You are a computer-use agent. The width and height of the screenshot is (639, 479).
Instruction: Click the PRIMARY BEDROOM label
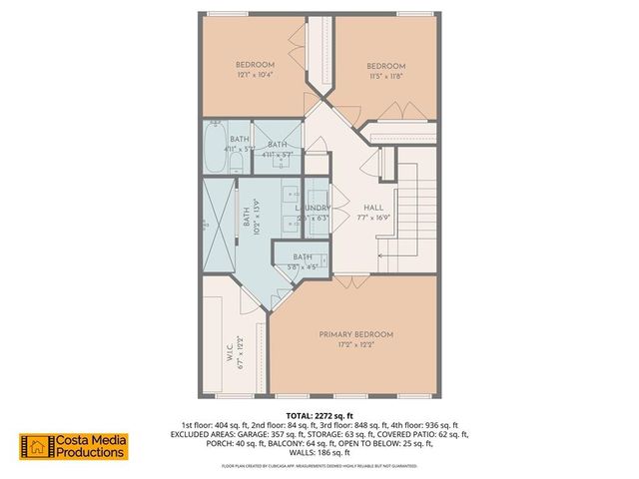(x=356, y=334)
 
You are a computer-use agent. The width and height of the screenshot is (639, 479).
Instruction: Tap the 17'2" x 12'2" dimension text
(x=356, y=346)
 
